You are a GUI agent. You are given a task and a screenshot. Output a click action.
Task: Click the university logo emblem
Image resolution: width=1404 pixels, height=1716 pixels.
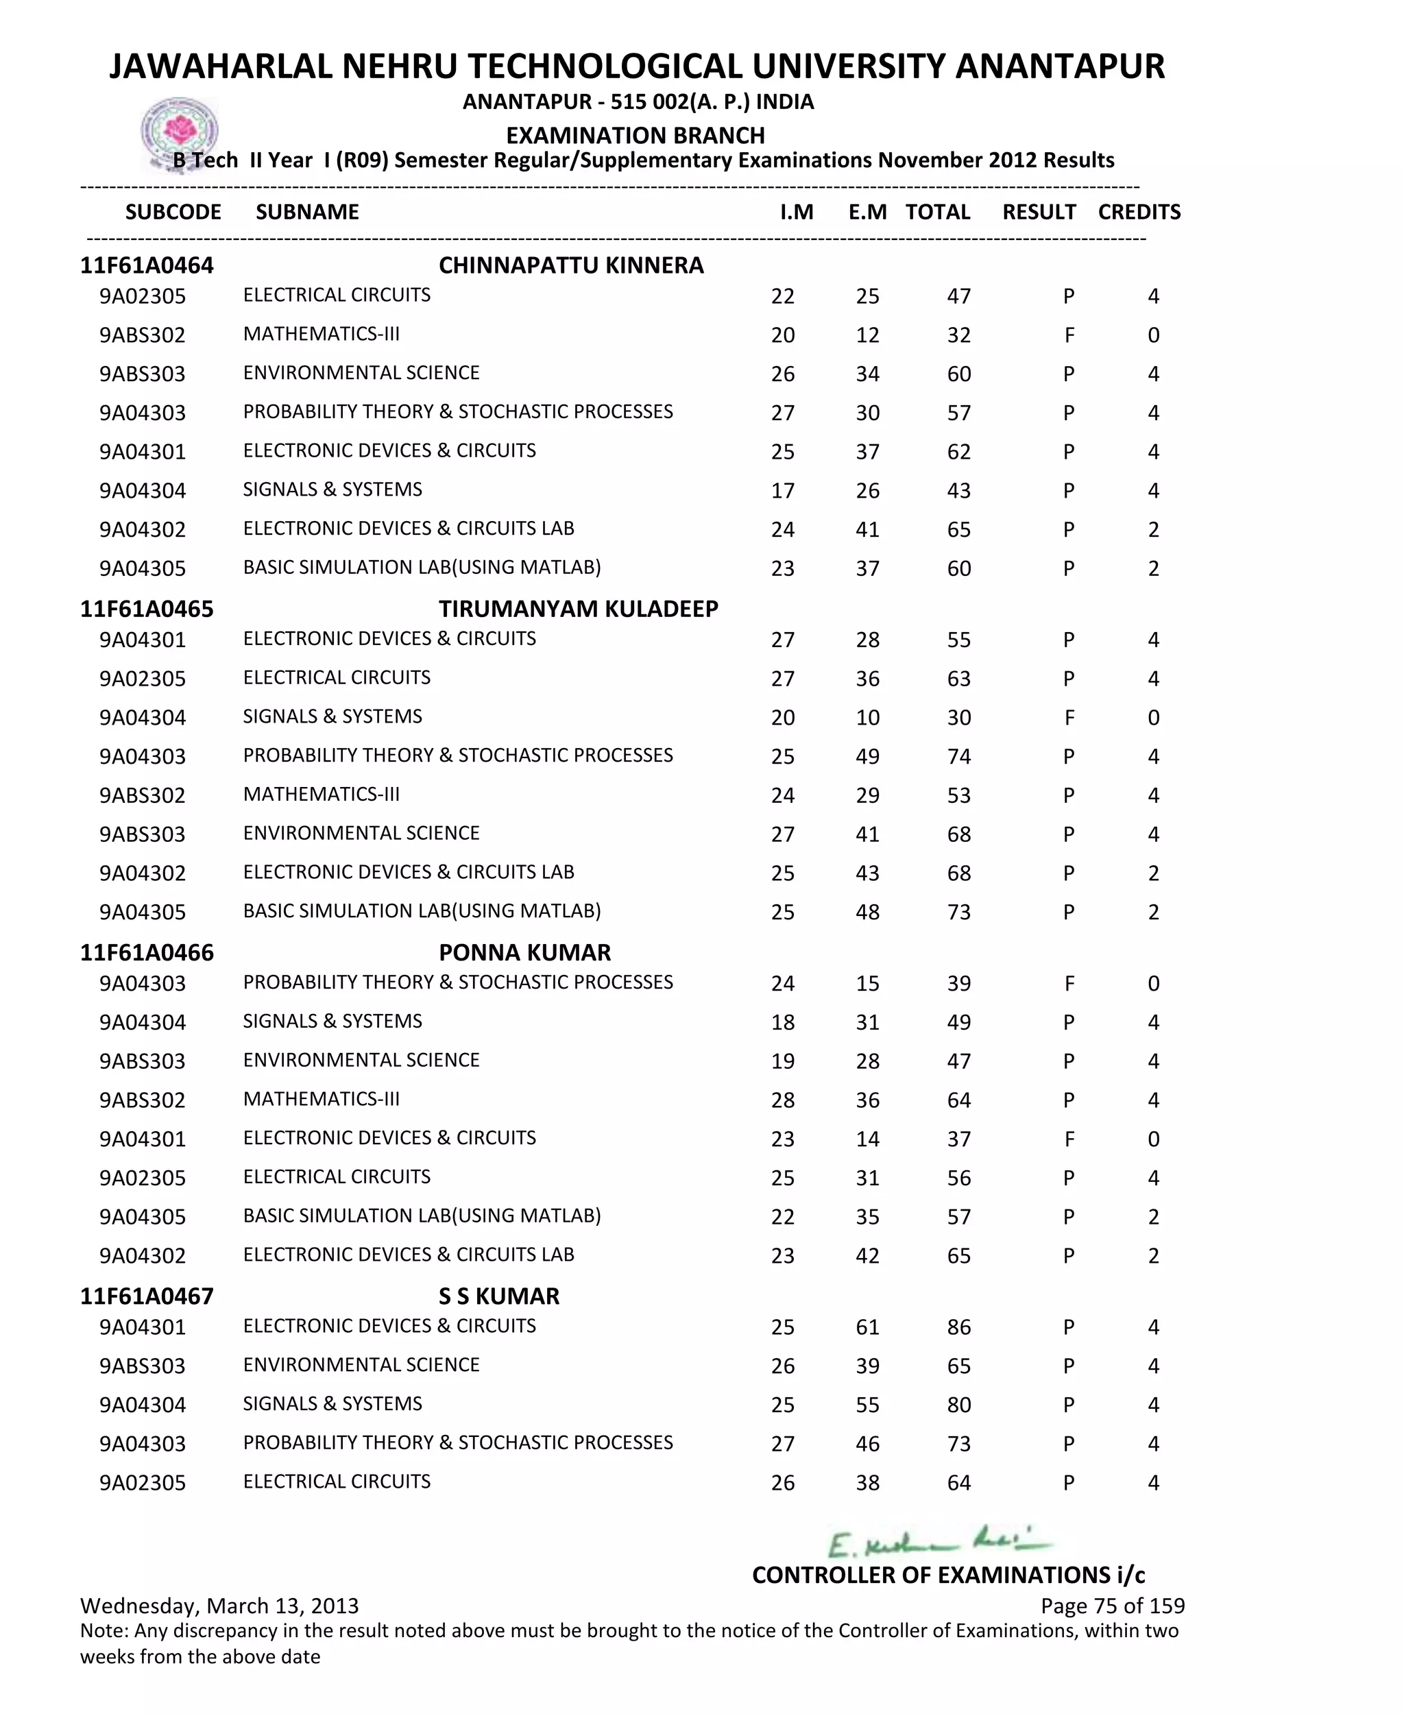180,132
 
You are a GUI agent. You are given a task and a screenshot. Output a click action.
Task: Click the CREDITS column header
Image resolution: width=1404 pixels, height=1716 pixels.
1139,212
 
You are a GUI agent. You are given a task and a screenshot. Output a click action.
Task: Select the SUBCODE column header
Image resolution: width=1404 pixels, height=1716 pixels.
173,212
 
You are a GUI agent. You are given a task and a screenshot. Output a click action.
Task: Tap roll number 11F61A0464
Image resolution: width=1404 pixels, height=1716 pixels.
147,265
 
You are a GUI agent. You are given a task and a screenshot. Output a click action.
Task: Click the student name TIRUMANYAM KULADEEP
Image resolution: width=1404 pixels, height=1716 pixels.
579,609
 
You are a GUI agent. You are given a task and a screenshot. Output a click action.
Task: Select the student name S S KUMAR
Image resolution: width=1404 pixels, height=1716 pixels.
498,1296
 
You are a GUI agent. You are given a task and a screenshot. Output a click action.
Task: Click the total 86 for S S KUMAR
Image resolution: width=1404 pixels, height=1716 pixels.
958,1327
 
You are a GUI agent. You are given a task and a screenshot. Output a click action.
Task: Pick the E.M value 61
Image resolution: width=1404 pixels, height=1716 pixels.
867,1327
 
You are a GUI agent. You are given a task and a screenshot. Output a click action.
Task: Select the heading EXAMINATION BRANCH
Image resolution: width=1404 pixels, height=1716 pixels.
635,135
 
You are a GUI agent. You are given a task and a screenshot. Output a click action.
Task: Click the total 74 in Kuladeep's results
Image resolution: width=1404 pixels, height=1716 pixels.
958,756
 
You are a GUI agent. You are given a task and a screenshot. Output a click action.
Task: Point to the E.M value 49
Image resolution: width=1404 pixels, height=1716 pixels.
867,756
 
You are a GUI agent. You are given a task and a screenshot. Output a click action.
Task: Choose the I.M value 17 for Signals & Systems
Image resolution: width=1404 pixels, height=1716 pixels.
782,491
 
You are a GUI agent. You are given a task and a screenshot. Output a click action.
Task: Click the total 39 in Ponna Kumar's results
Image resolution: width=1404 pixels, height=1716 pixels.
958,983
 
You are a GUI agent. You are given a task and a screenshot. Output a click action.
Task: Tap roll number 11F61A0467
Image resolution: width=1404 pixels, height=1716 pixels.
147,1296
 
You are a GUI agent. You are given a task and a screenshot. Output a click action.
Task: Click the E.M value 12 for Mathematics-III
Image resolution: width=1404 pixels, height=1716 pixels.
867,335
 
